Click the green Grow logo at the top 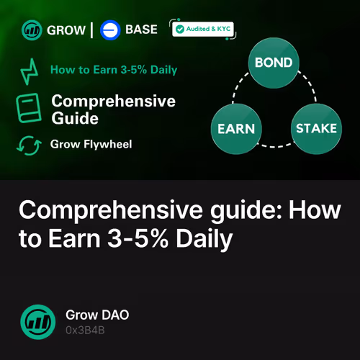pos(32,30)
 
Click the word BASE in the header pos(143,30)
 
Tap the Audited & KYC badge pos(202,29)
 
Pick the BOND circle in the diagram pos(274,63)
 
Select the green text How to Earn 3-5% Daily pos(114,71)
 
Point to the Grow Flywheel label pos(91,144)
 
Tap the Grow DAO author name pos(98,315)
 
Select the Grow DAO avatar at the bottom pos(37,322)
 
